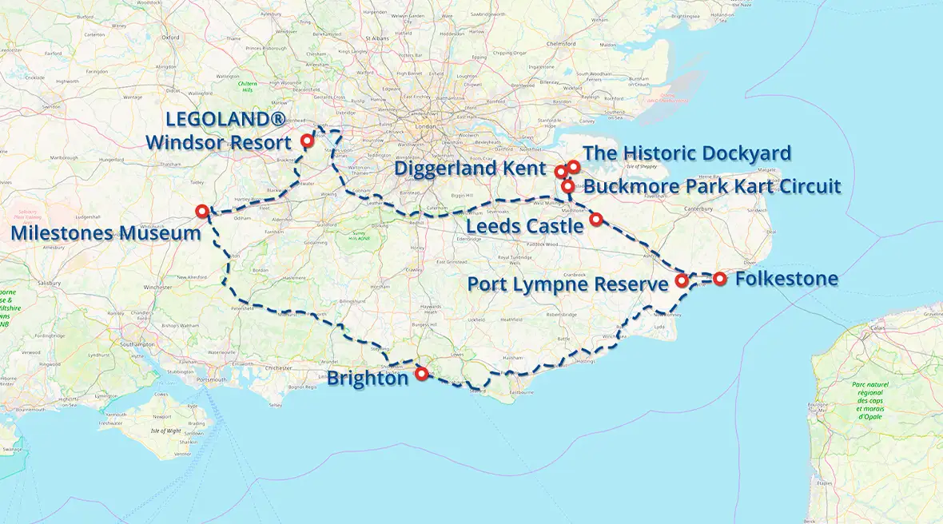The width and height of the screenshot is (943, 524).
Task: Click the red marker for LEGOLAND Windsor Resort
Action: tap(306, 141)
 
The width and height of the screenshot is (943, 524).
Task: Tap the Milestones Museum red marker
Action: tap(201, 211)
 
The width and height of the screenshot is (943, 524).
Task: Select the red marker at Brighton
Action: tap(421, 372)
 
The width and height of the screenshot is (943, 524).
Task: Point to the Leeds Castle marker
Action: tap(595, 218)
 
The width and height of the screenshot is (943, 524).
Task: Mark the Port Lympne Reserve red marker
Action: tap(682, 280)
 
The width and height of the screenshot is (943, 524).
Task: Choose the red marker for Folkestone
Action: tap(720, 279)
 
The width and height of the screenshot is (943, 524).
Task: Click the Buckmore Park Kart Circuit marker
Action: tap(567, 186)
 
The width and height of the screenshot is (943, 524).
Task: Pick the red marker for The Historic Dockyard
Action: tap(573, 166)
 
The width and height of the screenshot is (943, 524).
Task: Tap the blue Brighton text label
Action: tap(368, 379)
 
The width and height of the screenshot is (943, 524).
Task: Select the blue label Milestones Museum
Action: tap(105, 233)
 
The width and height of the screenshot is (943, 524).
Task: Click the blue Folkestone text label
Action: tap(786, 279)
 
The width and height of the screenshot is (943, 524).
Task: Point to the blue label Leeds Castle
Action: tap(526, 226)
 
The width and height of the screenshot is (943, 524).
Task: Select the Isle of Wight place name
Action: tap(165, 431)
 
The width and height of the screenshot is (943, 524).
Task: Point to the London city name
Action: tap(425, 126)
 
